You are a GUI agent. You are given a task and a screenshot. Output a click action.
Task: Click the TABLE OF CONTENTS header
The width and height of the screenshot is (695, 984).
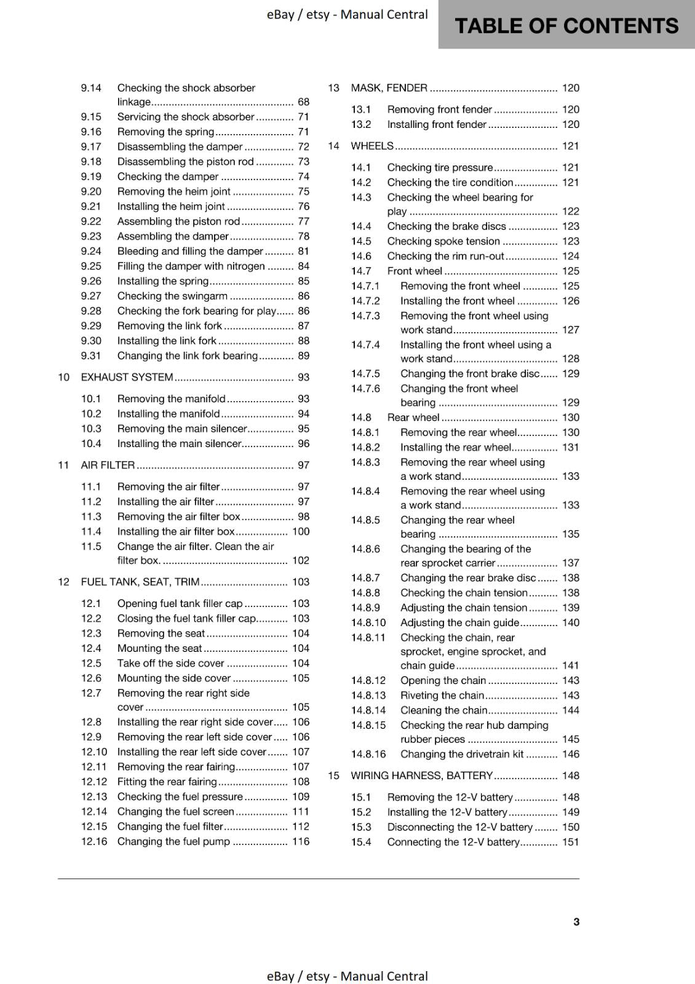point(566,26)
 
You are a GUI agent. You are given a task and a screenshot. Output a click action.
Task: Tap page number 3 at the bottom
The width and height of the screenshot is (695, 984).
point(576,921)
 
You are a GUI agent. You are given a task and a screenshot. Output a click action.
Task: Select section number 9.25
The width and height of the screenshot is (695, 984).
point(91,266)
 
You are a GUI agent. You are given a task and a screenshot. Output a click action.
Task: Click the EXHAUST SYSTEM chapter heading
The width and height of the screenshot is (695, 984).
point(127,377)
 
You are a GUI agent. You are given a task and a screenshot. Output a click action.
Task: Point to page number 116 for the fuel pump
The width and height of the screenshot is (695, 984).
point(301,841)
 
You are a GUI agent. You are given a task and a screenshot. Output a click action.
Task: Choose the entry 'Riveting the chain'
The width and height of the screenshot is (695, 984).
point(442,696)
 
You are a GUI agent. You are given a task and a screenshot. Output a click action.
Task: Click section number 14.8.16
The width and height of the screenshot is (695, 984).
point(368,754)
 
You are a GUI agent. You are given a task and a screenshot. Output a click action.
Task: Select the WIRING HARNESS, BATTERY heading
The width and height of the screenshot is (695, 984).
point(421,776)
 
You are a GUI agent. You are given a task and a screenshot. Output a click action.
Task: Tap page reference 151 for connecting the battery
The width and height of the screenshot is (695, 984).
point(571,842)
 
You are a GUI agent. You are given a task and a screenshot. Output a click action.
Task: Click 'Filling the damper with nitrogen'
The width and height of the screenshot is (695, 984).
point(191,266)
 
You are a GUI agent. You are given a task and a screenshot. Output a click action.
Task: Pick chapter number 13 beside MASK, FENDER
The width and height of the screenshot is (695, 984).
point(333,88)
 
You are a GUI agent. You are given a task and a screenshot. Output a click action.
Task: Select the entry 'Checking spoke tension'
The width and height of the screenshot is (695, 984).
point(443,241)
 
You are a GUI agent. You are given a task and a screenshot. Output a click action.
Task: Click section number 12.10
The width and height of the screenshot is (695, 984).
point(94,752)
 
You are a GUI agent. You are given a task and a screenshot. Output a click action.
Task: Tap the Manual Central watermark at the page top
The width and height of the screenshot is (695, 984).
point(347,14)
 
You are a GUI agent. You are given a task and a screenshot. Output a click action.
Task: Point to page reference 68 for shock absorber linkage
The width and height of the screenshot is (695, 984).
point(303,102)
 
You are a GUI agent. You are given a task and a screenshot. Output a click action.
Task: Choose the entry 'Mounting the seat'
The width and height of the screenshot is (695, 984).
point(159,648)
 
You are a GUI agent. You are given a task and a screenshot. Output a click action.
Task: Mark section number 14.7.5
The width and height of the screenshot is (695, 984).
point(365,373)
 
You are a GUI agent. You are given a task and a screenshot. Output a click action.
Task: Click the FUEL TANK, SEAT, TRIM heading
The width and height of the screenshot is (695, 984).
point(140,582)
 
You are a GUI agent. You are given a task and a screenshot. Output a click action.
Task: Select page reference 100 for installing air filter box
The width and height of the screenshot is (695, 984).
point(301,531)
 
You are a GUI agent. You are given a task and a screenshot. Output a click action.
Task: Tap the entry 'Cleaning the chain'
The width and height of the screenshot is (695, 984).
point(443,710)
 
